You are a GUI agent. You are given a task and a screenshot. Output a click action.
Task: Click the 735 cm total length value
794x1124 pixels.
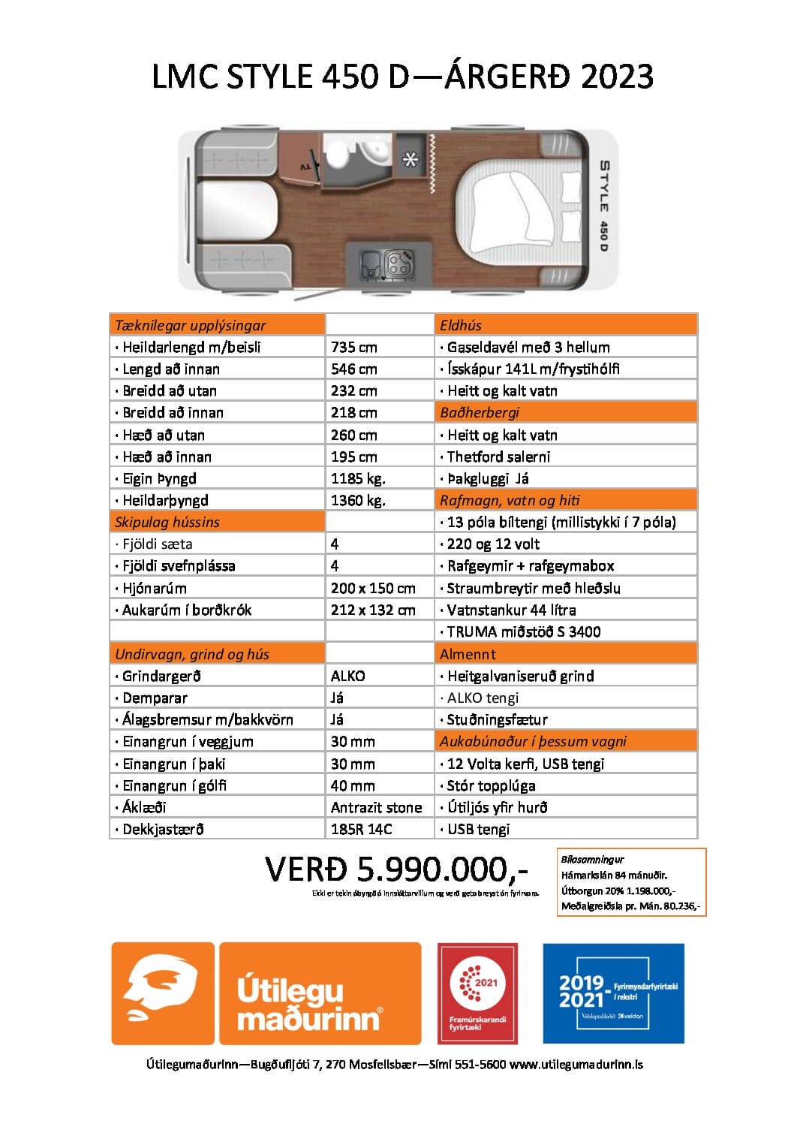353,347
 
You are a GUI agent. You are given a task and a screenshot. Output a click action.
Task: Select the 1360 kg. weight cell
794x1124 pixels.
358,500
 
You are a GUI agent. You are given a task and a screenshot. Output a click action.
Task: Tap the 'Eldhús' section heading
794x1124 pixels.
461,325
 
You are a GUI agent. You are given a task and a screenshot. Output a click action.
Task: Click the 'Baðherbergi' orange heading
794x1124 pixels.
480,412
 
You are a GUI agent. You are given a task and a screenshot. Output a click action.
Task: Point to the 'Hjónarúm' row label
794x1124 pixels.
155,588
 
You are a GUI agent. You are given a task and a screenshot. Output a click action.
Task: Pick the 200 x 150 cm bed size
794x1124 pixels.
373,588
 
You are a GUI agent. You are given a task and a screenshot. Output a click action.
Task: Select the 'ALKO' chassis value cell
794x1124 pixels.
347,676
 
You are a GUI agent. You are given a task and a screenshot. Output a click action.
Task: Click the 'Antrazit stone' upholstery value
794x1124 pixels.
376,807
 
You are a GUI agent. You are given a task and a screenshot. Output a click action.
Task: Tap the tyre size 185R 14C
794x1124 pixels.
361,829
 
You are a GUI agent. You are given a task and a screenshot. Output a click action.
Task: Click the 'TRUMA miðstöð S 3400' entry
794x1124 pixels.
523,631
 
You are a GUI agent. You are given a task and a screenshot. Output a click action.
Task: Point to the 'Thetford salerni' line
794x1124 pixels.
498,457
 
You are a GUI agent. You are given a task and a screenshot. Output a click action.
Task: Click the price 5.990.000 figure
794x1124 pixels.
396,869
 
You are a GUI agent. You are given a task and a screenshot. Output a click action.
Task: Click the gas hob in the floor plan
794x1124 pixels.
398,263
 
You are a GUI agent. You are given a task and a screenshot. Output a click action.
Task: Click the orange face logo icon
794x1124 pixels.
163,992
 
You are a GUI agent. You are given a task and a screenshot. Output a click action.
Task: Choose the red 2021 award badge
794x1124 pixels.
477,992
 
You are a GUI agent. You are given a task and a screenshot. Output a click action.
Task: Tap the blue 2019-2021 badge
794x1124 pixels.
613,993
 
